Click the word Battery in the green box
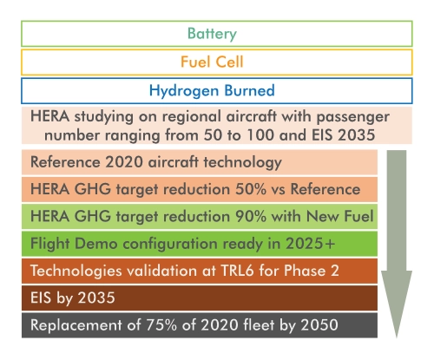212,34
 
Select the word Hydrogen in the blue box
184,91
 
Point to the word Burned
249,90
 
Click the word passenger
352,117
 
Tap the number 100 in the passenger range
260,135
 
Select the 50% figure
251,189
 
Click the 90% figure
251,216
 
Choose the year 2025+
310,244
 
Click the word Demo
95,244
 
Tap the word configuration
171,245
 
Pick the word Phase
305,271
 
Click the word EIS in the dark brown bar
41,298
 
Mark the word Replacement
76,325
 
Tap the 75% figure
161,324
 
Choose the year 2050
319,324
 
